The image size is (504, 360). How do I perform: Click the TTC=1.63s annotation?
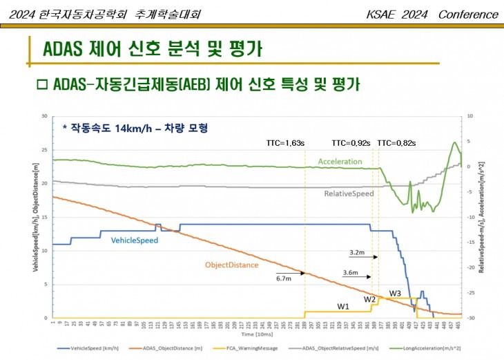tap(285, 142)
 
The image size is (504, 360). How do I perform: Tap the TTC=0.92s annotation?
tap(351, 142)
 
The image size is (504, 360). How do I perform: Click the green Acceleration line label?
tap(340, 161)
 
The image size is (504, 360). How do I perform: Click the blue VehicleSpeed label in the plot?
tap(135, 240)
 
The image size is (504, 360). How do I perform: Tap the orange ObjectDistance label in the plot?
tap(231, 265)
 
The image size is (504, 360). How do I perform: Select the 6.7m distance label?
tap(283, 279)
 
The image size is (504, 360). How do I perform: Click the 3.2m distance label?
tap(357, 252)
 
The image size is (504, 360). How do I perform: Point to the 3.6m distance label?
tap(350, 273)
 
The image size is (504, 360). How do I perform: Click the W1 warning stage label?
tap(343, 306)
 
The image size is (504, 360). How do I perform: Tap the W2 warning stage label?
tap(370, 299)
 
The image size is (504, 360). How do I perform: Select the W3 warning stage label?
tap(395, 294)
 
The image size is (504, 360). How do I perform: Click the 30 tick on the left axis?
tap(44, 116)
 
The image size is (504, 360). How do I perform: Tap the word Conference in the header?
tap(469, 15)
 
